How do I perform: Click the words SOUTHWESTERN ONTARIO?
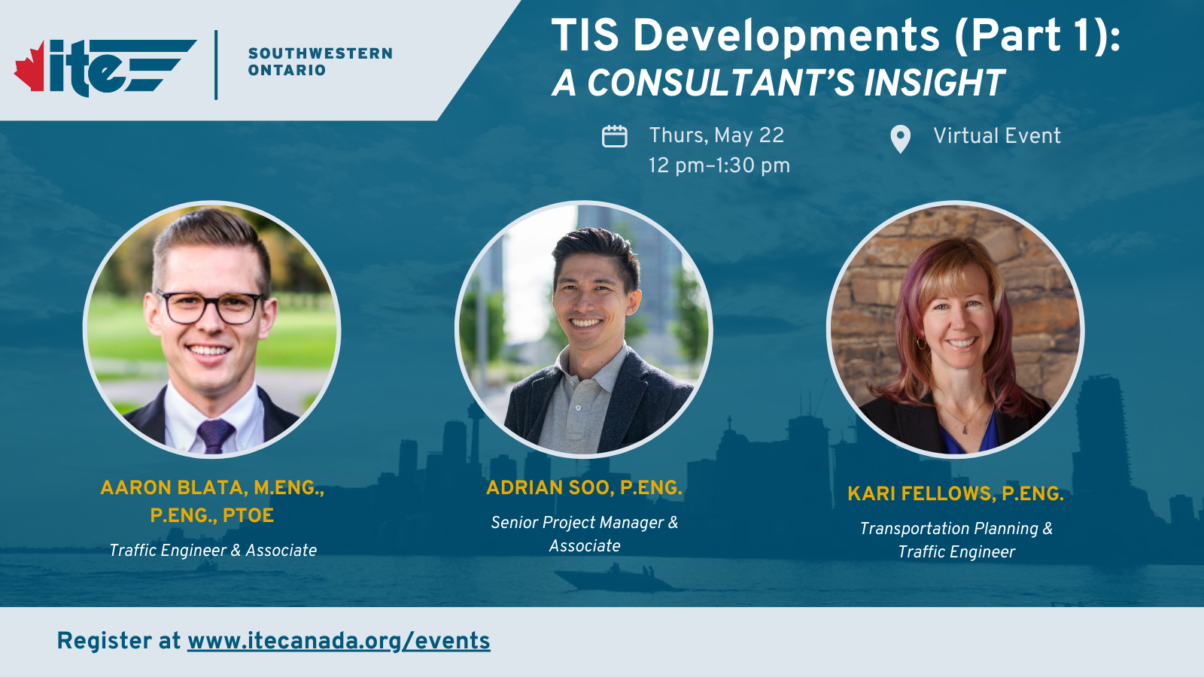(x=320, y=62)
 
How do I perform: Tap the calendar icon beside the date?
(x=614, y=136)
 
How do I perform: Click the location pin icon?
(x=900, y=139)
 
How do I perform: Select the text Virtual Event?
(x=996, y=136)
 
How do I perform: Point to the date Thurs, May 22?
(x=716, y=135)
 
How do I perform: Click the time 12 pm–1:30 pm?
(x=719, y=165)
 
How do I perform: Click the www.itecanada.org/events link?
(x=339, y=641)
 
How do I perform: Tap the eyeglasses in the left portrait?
(x=211, y=307)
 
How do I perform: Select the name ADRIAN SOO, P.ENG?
(x=584, y=488)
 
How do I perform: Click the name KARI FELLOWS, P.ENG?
(x=955, y=494)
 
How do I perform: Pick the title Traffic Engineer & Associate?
(x=213, y=551)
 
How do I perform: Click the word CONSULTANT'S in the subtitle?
(x=720, y=83)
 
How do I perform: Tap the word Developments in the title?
(x=786, y=35)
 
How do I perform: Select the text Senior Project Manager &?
(x=584, y=523)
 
